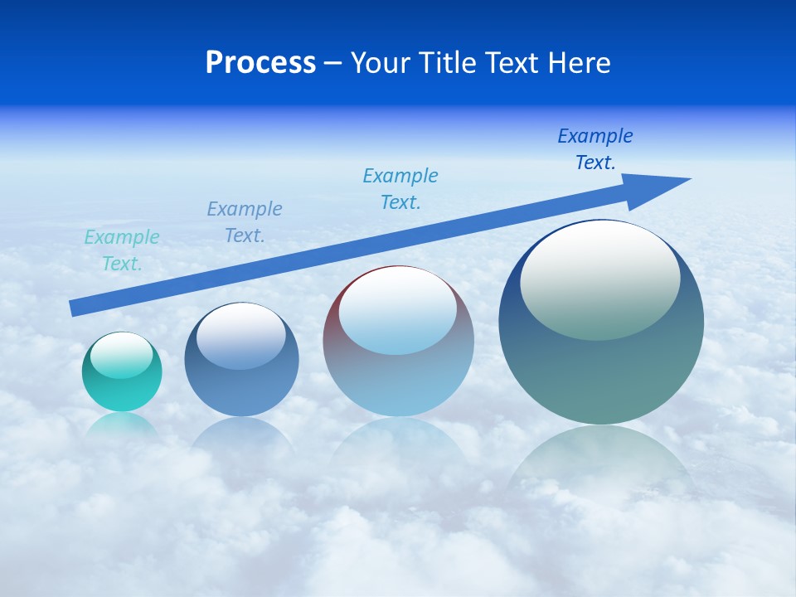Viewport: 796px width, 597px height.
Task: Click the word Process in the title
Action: click(260, 63)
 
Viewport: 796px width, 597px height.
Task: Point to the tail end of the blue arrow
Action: click(75, 308)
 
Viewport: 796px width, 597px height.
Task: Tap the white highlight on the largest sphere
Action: click(600, 278)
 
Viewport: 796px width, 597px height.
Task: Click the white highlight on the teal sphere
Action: click(122, 355)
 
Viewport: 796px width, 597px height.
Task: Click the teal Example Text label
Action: click(122, 250)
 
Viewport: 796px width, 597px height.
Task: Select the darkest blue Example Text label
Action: click(595, 149)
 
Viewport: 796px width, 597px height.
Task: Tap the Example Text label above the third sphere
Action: click(400, 188)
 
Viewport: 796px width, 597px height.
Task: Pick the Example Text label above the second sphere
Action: click(245, 221)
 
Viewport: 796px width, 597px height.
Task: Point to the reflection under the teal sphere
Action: click(122, 425)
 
